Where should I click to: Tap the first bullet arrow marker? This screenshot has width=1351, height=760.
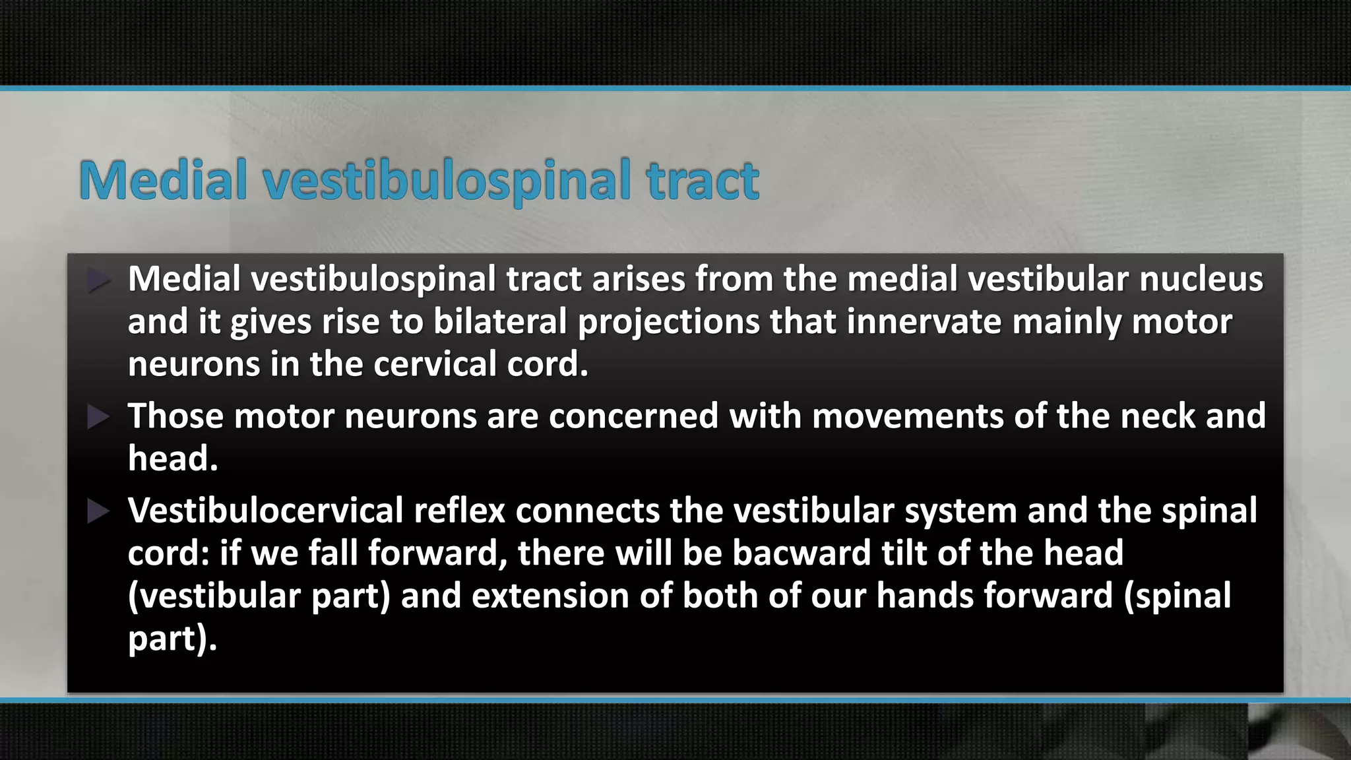point(98,280)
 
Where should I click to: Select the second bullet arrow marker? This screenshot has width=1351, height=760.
point(98,417)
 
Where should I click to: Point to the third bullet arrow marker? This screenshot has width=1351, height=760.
point(98,511)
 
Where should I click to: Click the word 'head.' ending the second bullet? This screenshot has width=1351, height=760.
point(173,459)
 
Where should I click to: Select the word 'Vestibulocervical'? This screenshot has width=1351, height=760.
point(265,511)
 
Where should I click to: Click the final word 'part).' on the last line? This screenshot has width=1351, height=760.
point(172,639)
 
